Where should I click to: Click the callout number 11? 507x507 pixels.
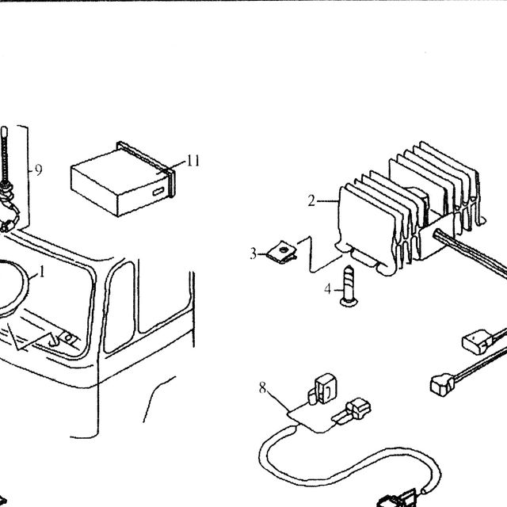[x=193, y=161]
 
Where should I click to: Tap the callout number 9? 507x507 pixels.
[x=38, y=170]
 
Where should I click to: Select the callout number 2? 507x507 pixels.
[x=311, y=200]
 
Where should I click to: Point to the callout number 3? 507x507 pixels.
[x=253, y=253]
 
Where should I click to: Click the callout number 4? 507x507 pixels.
[x=328, y=289]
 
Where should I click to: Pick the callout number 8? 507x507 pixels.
[x=262, y=387]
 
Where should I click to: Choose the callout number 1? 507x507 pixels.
[x=41, y=273]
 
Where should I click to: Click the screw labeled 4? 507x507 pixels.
[x=349, y=286]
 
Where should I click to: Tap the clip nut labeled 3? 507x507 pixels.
[x=282, y=252]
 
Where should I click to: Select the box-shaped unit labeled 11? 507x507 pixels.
[x=123, y=179]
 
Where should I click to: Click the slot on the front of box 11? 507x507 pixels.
[x=158, y=192]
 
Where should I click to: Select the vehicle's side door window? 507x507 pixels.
[x=120, y=307]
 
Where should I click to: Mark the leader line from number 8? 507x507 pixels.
[x=278, y=402]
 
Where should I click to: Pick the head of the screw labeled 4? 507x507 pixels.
[x=349, y=303]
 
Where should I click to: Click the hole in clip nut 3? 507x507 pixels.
[x=284, y=249]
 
